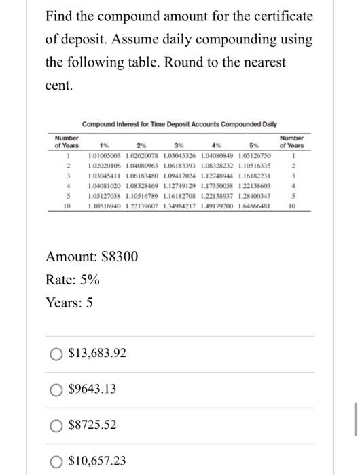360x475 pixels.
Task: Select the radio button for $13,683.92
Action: point(56,354)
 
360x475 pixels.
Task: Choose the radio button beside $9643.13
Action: point(56,389)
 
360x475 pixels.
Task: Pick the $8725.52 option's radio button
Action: point(56,425)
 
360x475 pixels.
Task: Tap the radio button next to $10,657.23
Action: point(56,461)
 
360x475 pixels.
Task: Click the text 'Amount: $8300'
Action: point(91,256)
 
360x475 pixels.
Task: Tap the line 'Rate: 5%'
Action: point(72,280)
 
